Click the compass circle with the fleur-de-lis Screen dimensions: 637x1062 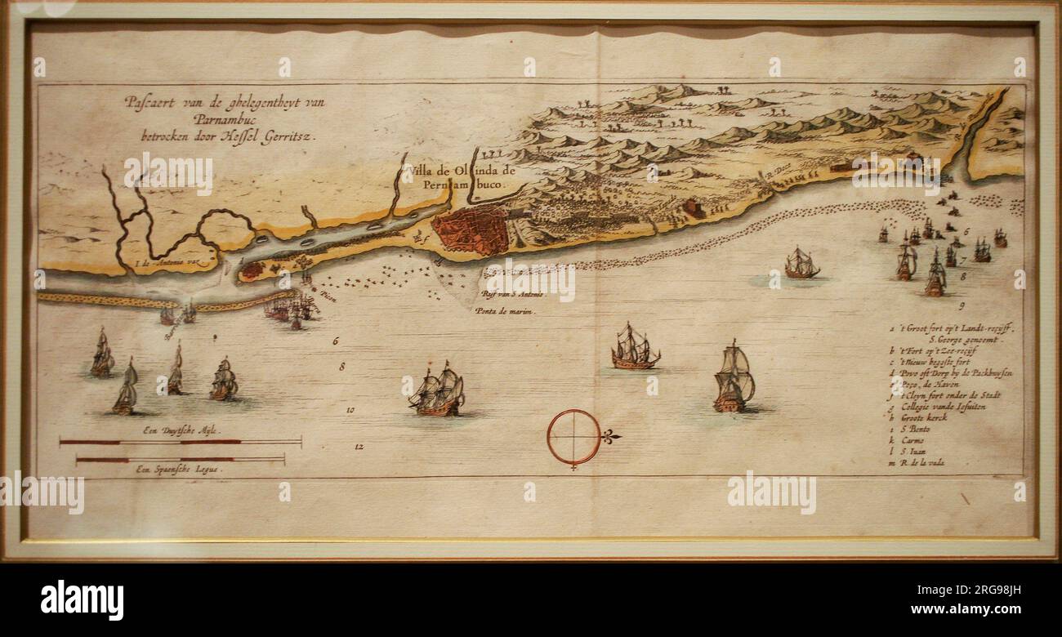click(x=574, y=438)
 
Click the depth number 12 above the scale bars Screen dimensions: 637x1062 click(x=359, y=447)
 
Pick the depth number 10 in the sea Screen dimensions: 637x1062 click(x=350, y=409)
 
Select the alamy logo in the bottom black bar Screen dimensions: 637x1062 click(x=83, y=600)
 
